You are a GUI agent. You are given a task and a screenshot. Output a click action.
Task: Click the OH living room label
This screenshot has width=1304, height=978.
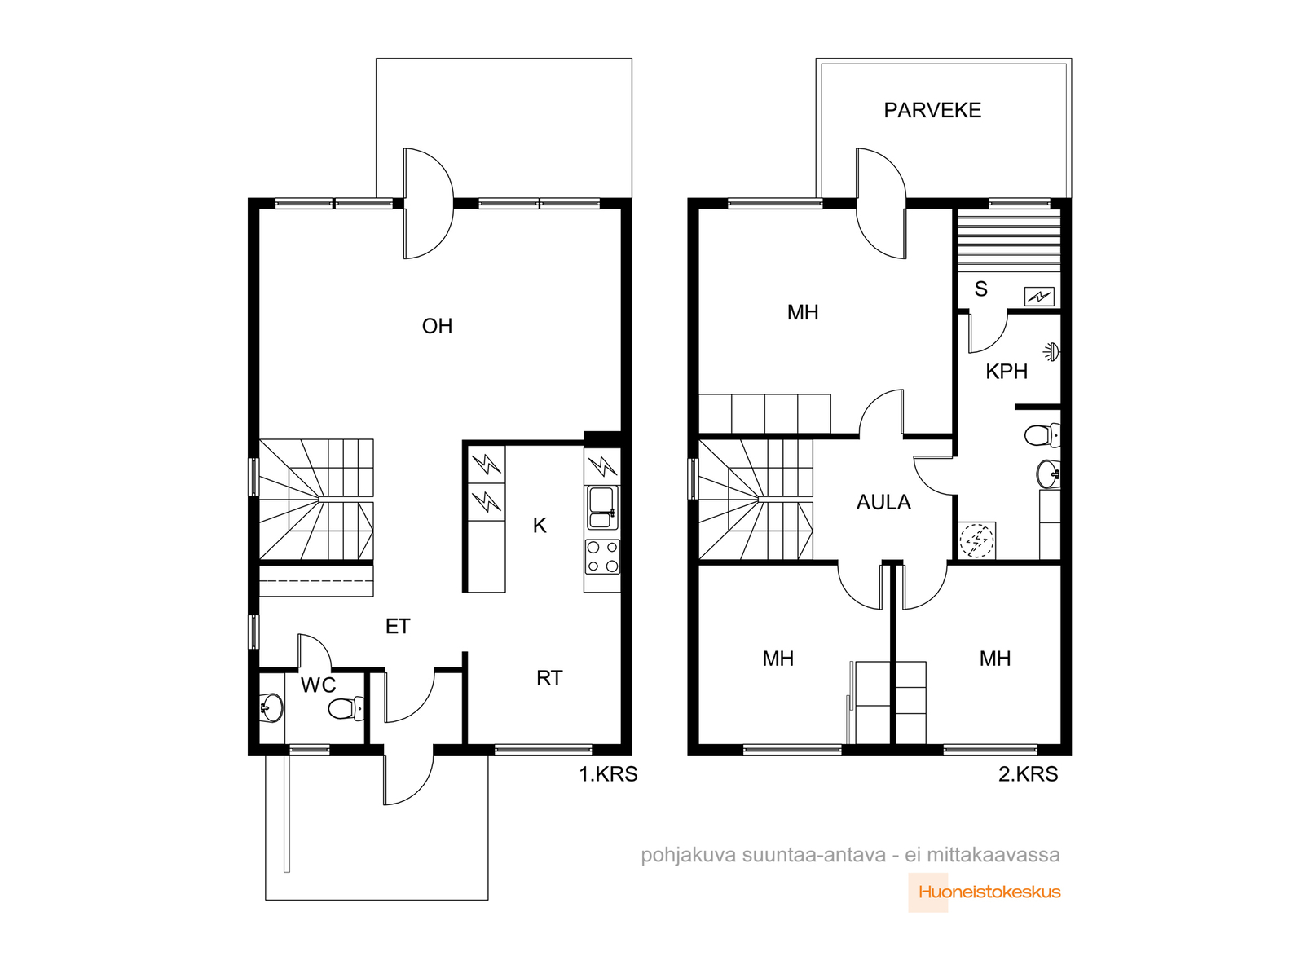click(437, 326)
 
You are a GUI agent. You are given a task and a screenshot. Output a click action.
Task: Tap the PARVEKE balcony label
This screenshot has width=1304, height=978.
click(932, 111)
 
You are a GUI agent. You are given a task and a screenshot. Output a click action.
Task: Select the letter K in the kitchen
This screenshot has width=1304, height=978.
click(540, 526)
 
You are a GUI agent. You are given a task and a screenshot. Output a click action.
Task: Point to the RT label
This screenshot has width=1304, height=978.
click(549, 678)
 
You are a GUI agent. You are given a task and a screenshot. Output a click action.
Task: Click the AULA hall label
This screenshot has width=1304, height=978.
click(883, 502)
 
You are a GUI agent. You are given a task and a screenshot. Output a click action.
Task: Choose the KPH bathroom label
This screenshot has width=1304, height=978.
click(1007, 372)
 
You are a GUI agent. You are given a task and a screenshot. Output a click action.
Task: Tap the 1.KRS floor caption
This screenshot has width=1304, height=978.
click(608, 774)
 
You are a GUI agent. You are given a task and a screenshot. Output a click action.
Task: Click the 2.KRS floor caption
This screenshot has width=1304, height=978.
click(1028, 774)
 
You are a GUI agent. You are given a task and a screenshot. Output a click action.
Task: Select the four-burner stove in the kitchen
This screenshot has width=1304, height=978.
click(602, 557)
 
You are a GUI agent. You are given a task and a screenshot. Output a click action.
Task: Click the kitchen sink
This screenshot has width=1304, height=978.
click(602, 508)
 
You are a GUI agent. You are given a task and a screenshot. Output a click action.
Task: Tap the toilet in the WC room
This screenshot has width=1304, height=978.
click(346, 708)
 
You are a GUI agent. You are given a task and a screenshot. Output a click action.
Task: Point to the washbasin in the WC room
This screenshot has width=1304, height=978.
click(271, 707)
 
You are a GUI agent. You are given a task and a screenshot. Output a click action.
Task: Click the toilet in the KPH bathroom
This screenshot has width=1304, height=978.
click(1042, 435)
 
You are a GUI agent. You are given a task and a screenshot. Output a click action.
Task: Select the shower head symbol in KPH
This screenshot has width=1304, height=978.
click(1051, 351)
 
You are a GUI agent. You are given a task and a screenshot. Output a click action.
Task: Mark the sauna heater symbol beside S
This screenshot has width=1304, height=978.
click(1039, 296)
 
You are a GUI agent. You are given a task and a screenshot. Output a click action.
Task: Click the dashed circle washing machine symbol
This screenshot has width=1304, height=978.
click(976, 540)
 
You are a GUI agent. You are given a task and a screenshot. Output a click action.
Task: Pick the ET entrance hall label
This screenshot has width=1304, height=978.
click(398, 627)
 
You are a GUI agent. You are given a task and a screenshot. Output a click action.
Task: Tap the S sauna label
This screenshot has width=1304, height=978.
click(980, 289)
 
